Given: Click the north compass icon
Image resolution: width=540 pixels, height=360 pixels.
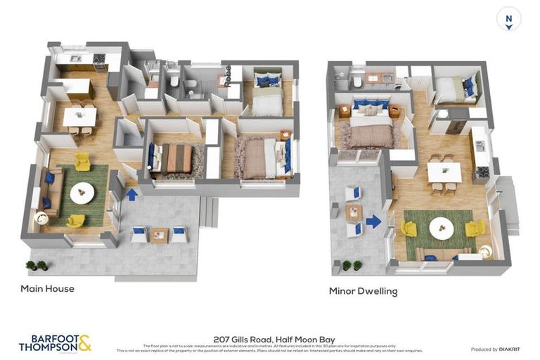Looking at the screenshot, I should tap(508, 19).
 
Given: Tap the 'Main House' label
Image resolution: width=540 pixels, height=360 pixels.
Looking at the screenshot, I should tap(47, 288).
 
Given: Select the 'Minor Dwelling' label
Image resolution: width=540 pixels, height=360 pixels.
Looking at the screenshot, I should tap(363, 290).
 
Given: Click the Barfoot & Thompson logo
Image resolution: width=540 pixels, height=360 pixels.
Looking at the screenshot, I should tap(55, 343).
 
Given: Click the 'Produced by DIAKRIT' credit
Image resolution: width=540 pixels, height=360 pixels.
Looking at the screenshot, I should tap(494, 349).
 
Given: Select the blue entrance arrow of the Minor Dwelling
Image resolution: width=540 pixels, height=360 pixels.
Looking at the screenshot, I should tap(373, 222).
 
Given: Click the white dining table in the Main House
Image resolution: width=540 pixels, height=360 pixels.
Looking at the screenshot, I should tap(79, 116).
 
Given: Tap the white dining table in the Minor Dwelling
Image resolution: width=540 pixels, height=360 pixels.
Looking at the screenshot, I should tap(444, 172).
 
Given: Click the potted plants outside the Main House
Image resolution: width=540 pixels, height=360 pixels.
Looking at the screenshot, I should tap(36, 265).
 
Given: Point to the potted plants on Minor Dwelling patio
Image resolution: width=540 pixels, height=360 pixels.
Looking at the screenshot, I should tap(352, 265).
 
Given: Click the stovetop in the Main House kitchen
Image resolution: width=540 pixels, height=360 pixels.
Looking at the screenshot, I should tap(99, 58).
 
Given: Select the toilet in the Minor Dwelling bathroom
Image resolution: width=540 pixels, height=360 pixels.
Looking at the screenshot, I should tap(356, 83).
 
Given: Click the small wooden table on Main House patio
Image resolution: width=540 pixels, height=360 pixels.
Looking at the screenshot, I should tap(159, 235).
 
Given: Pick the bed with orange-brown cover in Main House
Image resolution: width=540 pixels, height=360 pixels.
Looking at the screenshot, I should tap(175, 159).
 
